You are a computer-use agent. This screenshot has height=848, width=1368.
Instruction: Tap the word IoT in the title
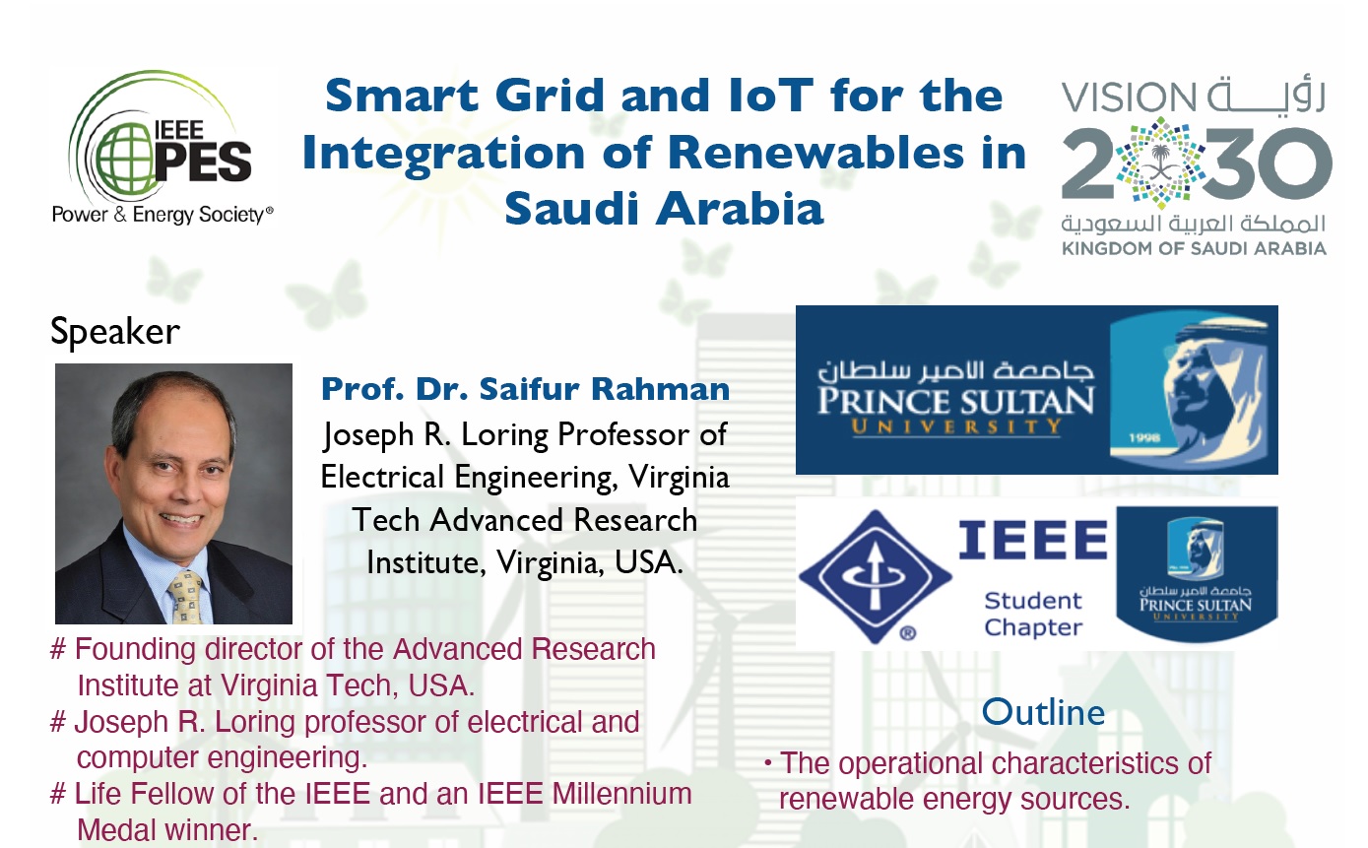[771, 96]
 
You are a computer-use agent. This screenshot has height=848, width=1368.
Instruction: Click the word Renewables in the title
[815, 153]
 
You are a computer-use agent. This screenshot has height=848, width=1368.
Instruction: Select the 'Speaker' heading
[115, 332]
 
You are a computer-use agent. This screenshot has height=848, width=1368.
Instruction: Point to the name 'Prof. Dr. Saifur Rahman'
[525, 389]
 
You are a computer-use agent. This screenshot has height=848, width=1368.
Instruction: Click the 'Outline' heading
[1043, 712]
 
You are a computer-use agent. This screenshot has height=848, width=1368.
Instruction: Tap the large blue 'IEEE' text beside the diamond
[1033, 540]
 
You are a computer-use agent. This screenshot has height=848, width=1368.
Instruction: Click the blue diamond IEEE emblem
[876, 576]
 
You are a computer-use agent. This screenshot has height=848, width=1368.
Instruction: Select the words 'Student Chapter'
[1033, 615]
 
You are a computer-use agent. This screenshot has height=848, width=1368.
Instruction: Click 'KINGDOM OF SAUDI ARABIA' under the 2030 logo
[1194, 249]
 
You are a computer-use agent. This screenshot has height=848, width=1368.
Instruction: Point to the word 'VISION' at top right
[1129, 98]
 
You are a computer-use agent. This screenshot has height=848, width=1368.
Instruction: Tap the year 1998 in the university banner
[1143, 437]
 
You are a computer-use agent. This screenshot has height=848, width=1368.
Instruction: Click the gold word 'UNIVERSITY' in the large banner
[956, 426]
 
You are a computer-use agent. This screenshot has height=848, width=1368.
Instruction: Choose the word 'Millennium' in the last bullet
[621, 794]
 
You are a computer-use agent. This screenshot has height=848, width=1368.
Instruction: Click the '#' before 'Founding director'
[58, 649]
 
